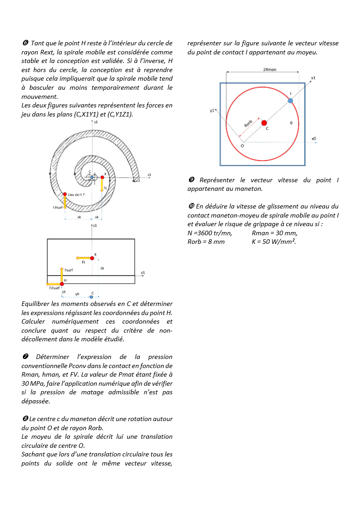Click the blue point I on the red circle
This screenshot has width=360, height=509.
tap(290, 100)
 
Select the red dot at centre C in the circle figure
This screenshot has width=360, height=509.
tap(264, 123)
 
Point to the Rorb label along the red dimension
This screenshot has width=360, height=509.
tap(248, 124)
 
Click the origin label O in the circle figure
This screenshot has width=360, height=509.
tap(242, 146)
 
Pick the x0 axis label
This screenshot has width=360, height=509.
tap(314, 138)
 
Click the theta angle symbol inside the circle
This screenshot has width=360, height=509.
tap(291, 122)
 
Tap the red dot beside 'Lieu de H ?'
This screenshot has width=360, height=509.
tap(65, 194)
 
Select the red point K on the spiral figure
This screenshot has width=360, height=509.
tap(102, 177)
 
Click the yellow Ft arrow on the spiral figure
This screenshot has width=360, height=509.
tap(102, 185)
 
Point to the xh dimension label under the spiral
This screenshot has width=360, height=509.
tap(79, 217)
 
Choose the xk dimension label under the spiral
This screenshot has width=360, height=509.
tap(97, 217)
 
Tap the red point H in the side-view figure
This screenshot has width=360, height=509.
tap(62, 284)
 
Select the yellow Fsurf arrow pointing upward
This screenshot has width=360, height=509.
tap(62, 275)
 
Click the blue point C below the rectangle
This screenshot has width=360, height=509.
tap(92, 297)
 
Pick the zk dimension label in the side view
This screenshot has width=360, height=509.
tap(102, 268)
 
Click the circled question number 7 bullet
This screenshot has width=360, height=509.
tap(25, 357)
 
